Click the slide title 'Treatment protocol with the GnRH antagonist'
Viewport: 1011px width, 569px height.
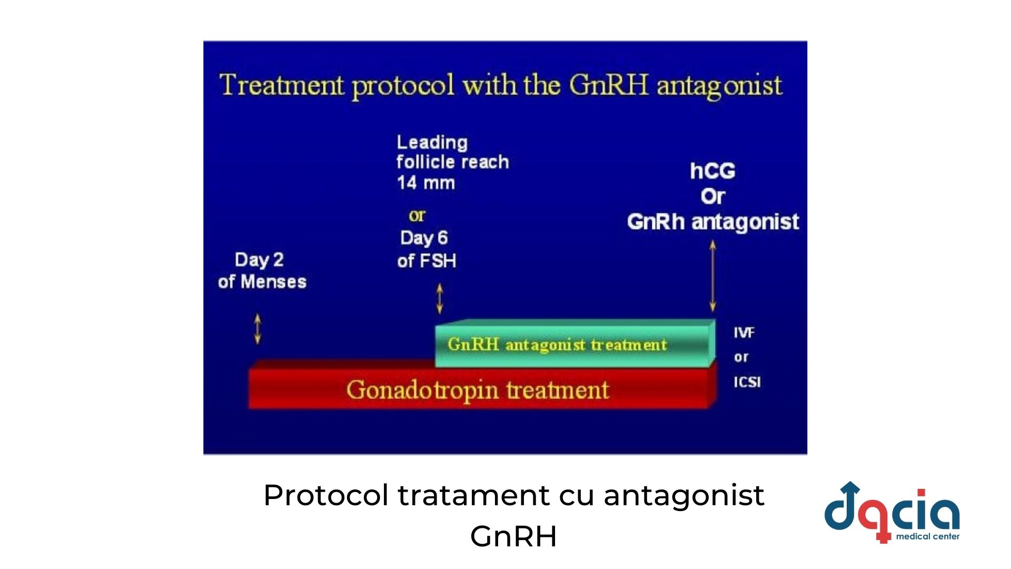501,85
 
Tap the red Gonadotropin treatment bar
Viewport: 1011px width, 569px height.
482,389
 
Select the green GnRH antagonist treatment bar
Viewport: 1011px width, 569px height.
575,344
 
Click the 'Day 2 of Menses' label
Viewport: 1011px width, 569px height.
262,270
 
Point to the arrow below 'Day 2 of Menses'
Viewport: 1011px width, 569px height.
257,329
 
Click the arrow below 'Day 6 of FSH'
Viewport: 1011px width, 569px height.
440,299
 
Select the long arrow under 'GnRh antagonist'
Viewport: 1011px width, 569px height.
712,276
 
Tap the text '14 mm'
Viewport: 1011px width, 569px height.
426,183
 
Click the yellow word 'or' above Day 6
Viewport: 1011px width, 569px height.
417,215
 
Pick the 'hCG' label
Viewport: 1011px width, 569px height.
712,171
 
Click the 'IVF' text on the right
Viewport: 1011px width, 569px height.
744,332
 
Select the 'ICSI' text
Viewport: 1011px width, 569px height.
747,382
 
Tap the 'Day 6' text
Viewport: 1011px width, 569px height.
424,238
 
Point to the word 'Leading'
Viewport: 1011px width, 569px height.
432,143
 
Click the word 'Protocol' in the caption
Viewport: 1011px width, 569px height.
326,495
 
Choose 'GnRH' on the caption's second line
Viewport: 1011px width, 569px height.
513,536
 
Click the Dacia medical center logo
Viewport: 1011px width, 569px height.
892,512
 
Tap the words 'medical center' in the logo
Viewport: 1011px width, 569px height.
928,536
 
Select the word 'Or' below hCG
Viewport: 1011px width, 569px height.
713,197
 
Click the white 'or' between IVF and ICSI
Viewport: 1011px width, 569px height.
741,358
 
